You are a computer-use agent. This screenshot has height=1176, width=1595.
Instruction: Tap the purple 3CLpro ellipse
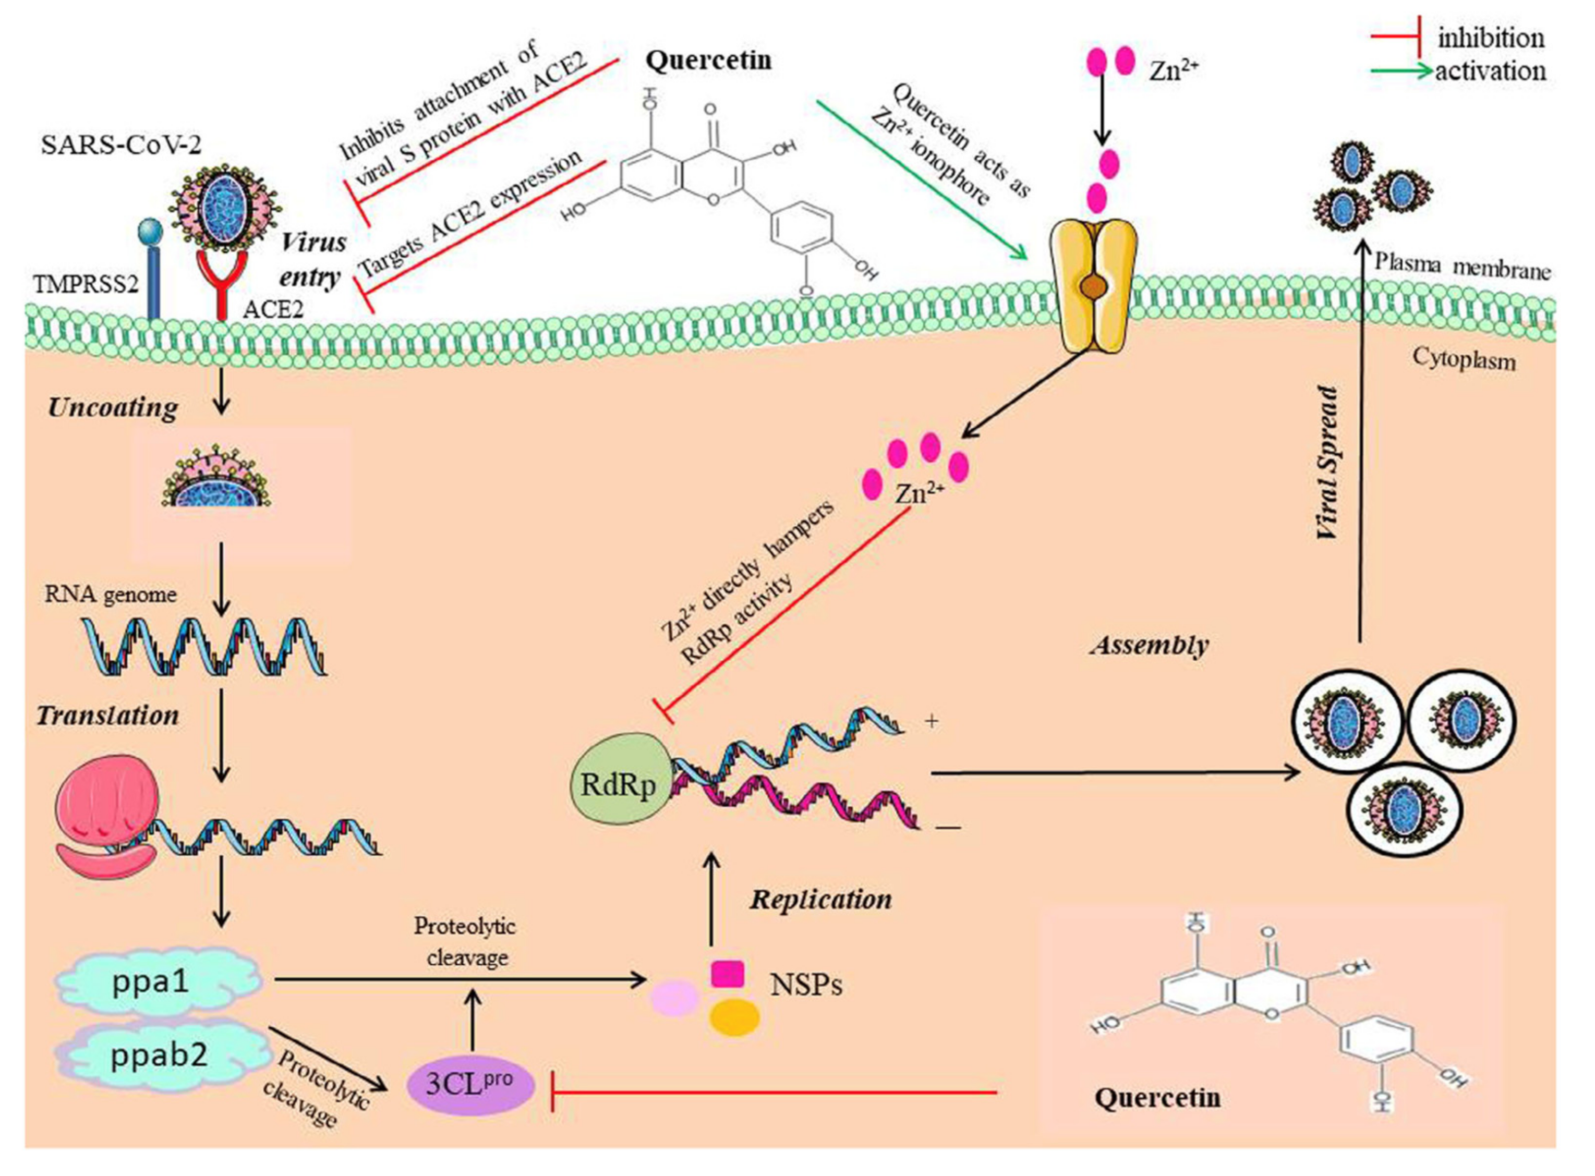tap(469, 1085)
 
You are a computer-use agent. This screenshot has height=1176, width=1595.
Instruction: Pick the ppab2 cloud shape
tap(158, 1054)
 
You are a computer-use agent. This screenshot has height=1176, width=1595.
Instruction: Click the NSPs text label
tap(805, 986)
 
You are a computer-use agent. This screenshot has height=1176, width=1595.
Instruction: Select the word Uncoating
tap(113, 408)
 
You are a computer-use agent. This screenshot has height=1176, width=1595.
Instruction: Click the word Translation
tap(107, 716)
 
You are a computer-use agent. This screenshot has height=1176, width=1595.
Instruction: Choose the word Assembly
tap(1149, 645)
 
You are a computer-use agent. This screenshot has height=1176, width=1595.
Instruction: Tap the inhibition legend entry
tap(1490, 37)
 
